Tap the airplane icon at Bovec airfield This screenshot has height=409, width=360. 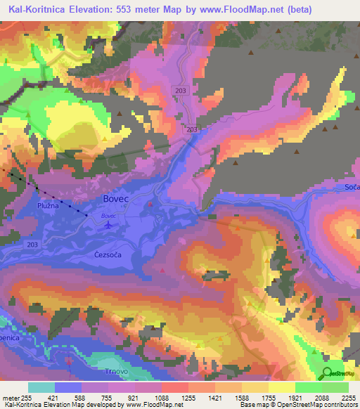tap(108, 226)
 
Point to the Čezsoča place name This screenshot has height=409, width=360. tap(110, 256)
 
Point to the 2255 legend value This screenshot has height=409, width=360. tap(347, 398)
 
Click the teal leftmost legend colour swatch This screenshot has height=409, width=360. tap(41, 387)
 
